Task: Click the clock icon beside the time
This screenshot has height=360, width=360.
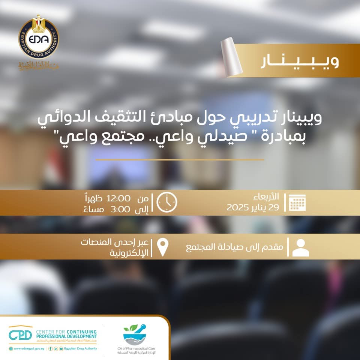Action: point(167,202)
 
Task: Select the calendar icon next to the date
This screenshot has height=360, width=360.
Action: point(298,202)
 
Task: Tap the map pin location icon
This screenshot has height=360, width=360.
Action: point(162,247)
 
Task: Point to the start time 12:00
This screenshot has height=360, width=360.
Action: point(118,198)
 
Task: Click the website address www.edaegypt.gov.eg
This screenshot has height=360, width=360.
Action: point(27,348)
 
